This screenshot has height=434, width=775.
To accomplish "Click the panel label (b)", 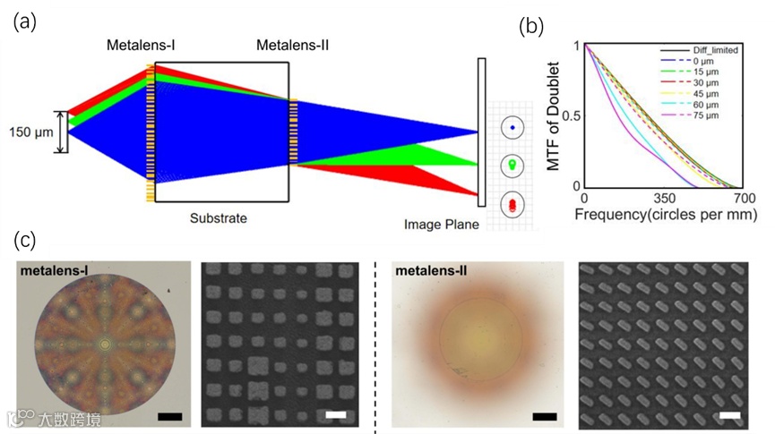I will (x=533, y=26).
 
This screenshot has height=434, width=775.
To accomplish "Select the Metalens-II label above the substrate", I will (x=292, y=45).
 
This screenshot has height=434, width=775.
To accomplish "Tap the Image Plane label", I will (x=442, y=224).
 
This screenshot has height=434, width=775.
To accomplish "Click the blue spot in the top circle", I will (x=512, y=128).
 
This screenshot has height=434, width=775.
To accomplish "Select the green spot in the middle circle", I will (x=512, y=166).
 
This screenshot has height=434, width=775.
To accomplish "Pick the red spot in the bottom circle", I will (x=512, y=205).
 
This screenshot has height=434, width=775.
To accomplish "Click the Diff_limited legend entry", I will (x=714, y=49).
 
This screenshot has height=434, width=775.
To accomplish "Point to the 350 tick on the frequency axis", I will (x=664, y=198).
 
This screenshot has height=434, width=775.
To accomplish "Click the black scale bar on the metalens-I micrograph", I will (x=169, y=416).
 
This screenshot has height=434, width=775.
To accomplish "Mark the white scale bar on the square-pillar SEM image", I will (x=336, y=415).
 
